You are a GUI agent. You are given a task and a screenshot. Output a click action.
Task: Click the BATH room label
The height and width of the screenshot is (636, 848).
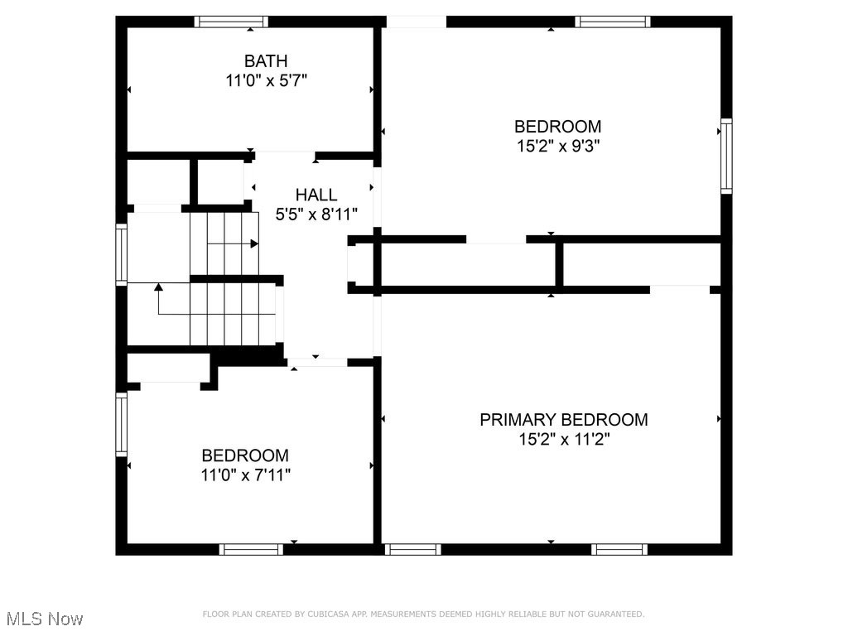266,60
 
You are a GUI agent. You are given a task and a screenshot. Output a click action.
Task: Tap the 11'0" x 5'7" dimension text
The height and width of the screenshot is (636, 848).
266,80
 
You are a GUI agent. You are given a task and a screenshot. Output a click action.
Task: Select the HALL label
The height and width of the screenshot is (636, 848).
316,195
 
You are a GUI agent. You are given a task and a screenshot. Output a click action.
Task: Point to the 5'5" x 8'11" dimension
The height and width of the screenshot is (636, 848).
316,214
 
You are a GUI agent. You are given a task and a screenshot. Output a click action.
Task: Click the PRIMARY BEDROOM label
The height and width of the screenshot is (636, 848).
563,419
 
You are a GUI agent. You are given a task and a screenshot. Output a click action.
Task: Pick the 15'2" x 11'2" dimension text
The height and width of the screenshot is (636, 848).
563,439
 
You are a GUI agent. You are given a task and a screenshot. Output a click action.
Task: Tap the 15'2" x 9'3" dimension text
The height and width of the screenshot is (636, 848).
557,147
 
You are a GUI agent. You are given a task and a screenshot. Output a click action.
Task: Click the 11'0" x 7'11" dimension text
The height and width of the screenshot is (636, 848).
245,475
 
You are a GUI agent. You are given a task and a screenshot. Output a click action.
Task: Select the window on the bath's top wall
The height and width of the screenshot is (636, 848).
231,22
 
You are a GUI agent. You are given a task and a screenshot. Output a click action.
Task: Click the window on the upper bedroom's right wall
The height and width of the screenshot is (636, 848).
726,156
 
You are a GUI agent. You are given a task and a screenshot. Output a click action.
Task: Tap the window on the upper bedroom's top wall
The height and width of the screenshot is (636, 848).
613,22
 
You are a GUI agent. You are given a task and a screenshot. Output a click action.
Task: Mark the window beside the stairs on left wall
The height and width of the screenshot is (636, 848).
122,255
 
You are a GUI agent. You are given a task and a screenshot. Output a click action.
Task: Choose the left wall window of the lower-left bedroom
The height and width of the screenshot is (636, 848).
122,424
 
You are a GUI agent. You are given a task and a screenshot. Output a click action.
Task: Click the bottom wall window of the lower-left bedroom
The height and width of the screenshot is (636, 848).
251,549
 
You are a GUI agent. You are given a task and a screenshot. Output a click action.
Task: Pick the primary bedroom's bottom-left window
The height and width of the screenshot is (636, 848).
413,549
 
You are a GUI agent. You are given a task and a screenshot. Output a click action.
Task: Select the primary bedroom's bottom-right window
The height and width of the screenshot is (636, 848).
619,549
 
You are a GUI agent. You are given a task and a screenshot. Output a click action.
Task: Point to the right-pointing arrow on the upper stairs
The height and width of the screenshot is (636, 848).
253,243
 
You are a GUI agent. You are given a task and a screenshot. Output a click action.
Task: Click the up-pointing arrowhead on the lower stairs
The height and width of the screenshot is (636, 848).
158,287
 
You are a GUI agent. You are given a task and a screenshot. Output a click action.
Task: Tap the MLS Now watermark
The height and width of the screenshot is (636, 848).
44,619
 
